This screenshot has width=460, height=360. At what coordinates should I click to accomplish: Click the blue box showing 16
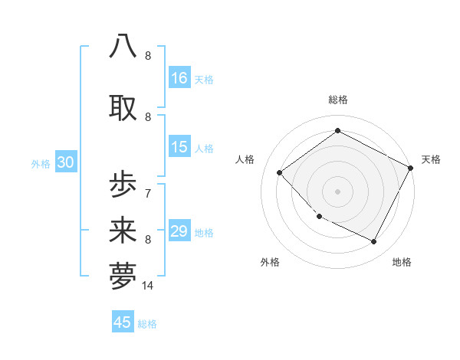pos(179,78)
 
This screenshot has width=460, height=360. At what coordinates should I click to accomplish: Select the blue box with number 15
pos(179,147)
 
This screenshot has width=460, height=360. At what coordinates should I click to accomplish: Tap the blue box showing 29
pos(179,231)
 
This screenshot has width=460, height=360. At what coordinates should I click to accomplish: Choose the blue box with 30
pos(65,162)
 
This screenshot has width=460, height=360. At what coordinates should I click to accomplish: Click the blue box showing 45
pos(123,322)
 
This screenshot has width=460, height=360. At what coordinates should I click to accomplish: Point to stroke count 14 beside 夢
pos(148,285)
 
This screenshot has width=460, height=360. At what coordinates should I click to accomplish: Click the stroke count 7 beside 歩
pos(147,193)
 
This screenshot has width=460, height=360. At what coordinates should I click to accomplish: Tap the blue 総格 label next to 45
pos(147,324)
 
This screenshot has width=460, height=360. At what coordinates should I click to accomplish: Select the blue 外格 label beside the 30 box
pos(41,163)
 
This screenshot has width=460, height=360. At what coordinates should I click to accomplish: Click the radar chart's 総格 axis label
pos(337,100)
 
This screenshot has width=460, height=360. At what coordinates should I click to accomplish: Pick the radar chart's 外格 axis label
pos(270,262)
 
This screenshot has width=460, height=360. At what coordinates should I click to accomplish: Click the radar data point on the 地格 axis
pos(374,242)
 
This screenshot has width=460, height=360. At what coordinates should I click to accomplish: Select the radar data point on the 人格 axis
pos(280,173)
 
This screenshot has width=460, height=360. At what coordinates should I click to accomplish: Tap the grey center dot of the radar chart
pos(337,191)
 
